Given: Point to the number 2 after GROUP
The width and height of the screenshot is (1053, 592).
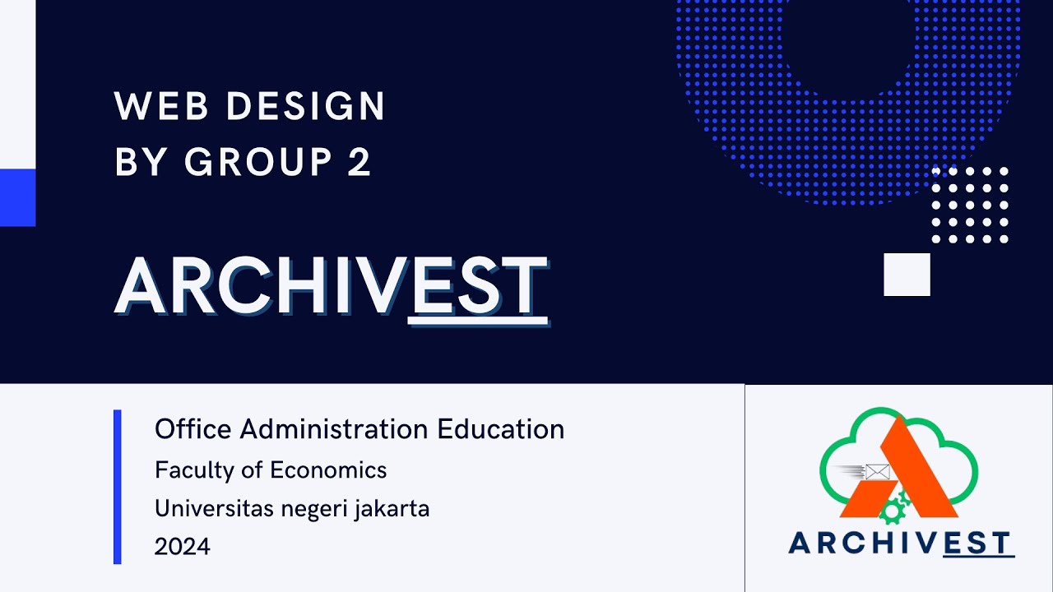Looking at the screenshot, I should click(360, 162).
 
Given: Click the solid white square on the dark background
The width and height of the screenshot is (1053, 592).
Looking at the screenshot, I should click(907, 275).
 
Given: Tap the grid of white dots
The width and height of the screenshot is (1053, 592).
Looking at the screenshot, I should click(970, 205).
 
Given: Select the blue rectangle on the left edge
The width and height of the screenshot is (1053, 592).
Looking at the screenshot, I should click(17, 197).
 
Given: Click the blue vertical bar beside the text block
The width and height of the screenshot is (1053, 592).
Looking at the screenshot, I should click(118, 487).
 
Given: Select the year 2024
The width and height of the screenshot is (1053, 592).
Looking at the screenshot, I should click(183, 546).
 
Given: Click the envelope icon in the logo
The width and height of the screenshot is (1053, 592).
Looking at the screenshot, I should click(878, 472).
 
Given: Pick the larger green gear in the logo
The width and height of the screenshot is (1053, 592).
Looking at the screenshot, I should click(890, 512).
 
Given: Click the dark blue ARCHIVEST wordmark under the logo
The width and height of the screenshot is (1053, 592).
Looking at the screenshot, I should click(900, 543).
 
